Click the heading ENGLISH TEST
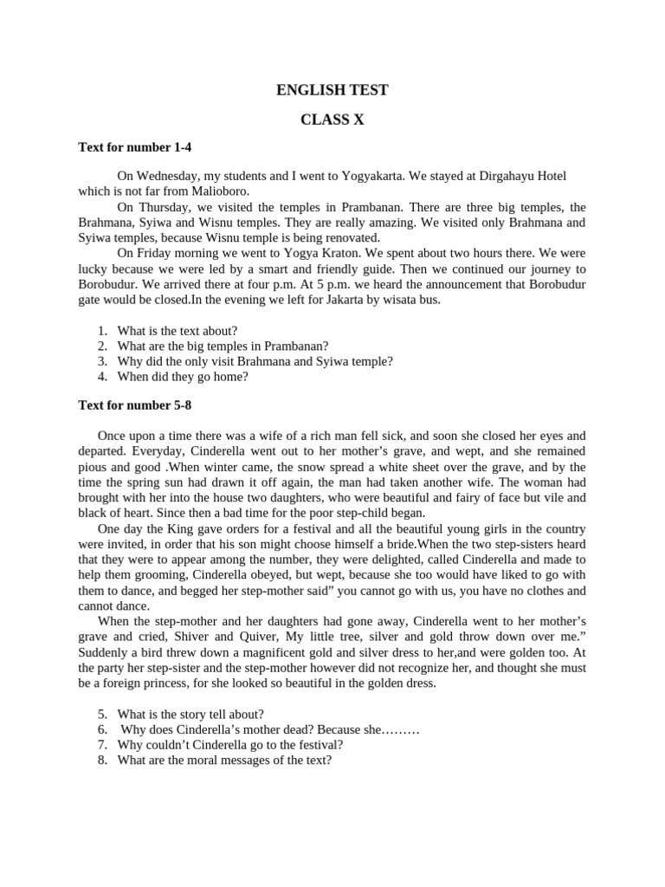click(332, 90)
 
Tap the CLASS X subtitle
click(332, 120)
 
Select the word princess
click(158, 683)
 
